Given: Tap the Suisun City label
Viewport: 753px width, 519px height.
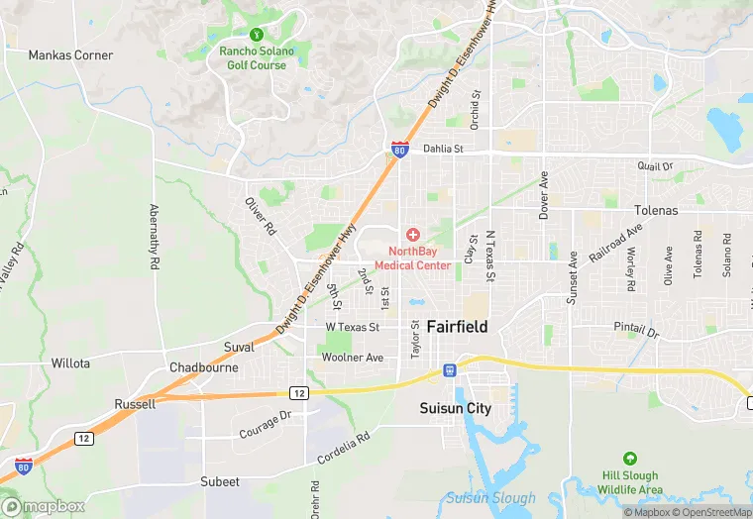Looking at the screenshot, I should pos(457,408).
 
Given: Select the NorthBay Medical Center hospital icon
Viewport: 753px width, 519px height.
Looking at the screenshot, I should pos(412,235).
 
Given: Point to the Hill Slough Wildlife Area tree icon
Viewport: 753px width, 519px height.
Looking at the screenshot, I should pos(628,459).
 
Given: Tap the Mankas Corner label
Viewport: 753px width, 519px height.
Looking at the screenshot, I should pos(69,54).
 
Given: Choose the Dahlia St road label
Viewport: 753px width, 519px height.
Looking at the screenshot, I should pos(443,149).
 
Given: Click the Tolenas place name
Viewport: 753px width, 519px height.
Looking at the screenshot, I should pos(656,211).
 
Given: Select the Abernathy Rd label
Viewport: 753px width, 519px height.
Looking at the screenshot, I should pos(154,238).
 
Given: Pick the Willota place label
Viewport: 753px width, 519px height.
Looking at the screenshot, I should pos(70,363).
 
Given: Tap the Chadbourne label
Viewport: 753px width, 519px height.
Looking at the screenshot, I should pos(203,367).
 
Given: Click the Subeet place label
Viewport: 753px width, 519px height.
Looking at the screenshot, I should pos(219,481).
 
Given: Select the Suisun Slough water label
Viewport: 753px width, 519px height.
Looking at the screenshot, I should pos(489,498).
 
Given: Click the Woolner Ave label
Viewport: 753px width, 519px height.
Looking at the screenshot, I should pos(354,358).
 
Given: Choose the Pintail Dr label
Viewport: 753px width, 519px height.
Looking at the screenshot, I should pos(636,327).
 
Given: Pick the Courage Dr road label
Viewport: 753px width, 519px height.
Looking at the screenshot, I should pos(265,426).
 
